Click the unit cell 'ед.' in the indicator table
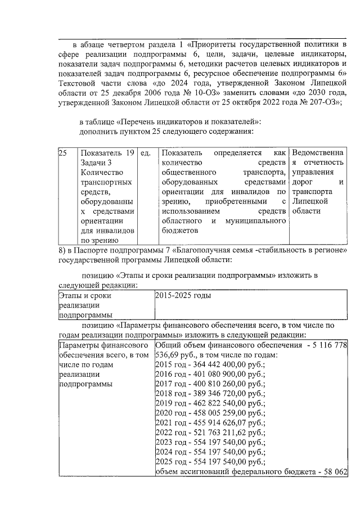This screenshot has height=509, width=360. pos(145,152)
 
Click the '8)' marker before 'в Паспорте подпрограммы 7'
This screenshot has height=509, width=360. pos(62,249)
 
